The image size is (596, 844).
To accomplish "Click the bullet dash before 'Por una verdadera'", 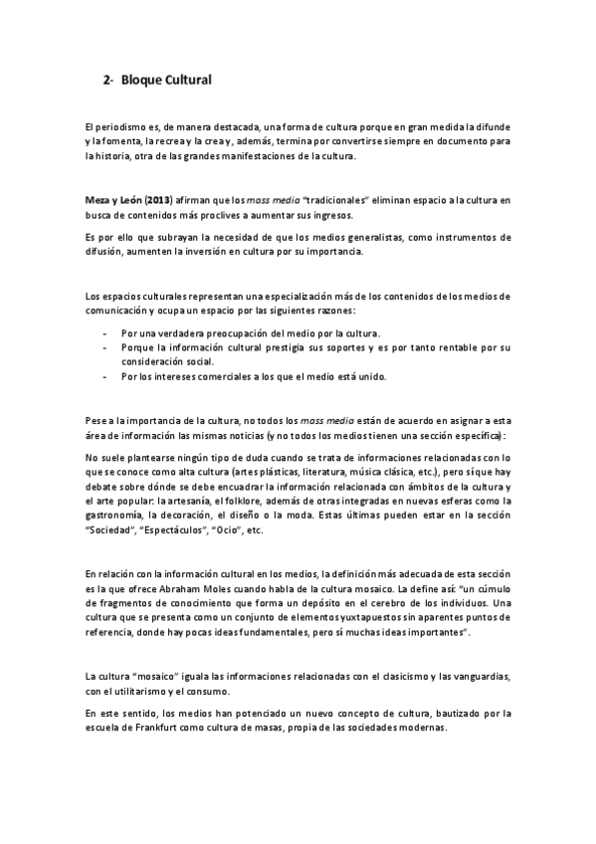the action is [104, 332].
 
